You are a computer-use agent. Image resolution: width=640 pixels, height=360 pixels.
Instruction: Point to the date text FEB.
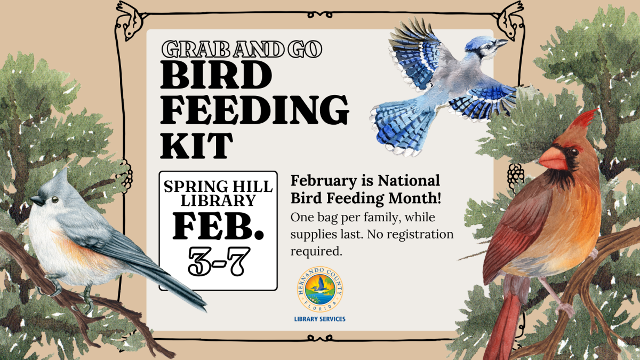click(218, 227)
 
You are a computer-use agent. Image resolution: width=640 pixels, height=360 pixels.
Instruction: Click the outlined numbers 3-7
click(218, 261)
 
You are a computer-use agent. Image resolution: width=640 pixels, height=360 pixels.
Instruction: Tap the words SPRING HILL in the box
click(218, 187)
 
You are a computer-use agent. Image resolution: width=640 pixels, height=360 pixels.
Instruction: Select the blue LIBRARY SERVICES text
click(320, 319)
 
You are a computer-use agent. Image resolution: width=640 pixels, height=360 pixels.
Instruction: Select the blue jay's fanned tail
click(397, 128)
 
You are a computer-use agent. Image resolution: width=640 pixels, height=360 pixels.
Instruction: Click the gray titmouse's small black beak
click(36, 201)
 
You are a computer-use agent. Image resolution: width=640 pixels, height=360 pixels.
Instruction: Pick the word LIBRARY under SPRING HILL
click(218, 201)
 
